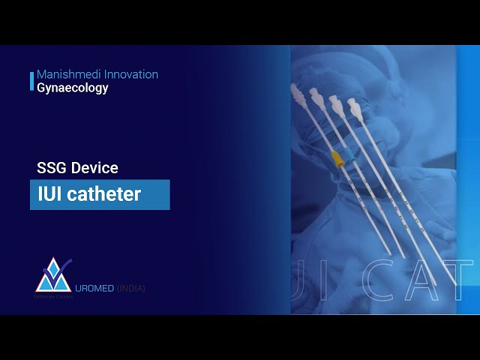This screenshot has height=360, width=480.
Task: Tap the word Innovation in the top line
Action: (131, 75)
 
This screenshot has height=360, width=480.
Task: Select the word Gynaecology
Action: (72, 88)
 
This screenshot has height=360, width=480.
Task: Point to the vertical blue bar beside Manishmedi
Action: (31, 81)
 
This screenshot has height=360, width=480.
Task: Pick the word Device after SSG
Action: (94, 169)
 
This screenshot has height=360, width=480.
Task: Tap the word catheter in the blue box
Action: (104, 194)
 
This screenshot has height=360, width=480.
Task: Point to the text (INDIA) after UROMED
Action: (131, 289)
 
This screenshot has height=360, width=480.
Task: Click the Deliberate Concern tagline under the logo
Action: (51, 297)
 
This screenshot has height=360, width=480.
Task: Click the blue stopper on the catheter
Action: (346, 160)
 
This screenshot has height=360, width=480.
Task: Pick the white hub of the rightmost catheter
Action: (355, 110)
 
